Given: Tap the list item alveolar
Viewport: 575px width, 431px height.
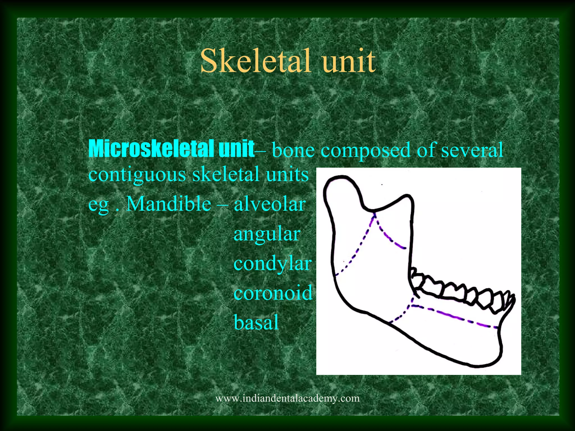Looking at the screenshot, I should [x=270, y=204].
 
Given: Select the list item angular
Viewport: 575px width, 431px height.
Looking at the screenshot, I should [x=267, y=234].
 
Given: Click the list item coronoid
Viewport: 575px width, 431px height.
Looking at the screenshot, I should [x=273, y=293].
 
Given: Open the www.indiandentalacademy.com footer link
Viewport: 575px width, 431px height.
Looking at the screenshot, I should [x=287, y=398].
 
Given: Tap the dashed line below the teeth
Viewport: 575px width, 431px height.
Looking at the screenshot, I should [x=455, y=317].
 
